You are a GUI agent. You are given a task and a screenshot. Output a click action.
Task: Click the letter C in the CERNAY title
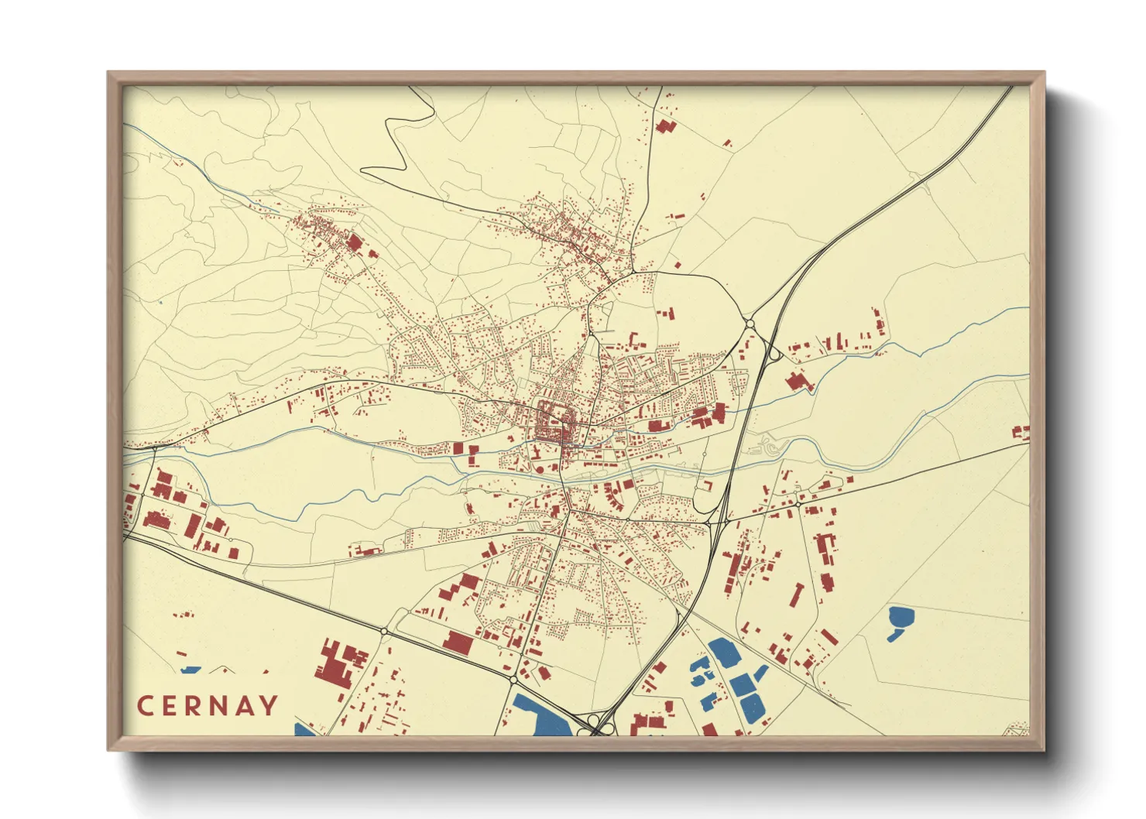[x=146, y=706]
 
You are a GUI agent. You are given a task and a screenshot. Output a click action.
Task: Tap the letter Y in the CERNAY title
[x=268, y=706]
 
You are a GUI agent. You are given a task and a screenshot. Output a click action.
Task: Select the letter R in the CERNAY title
[x=195, y=706]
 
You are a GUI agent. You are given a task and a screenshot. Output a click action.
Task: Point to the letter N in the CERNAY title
[x=218, y=706]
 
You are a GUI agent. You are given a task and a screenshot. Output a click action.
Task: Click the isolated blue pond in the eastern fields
[x=900, y=620]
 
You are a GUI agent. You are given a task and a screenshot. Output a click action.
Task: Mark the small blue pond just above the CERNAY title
[x=190, y=670]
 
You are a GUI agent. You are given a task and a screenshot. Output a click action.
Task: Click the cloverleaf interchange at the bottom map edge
[x=600, y=726]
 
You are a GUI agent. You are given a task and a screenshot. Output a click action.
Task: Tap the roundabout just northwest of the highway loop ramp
[x=750, y=323]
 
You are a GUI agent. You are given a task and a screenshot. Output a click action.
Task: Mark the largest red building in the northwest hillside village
[x=355, y=243]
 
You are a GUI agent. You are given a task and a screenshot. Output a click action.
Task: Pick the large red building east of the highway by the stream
[x=797, y=381]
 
